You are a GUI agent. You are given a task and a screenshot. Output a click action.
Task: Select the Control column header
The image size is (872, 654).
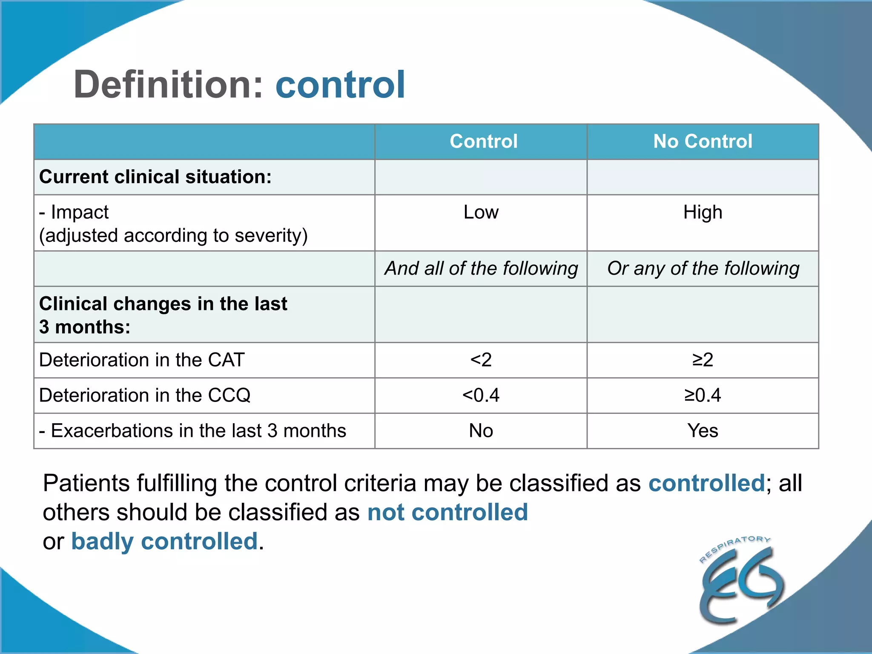click(x=483, y=141)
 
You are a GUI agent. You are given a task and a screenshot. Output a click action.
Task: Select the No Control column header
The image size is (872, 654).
click(x=703, y=141)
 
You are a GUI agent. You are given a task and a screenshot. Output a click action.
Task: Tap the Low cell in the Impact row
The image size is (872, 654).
click(x=481, y=212)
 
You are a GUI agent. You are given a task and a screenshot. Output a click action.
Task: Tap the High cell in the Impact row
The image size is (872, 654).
click(x=703, y=212)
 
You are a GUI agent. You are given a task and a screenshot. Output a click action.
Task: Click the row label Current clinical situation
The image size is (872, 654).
click(x=155, y=177)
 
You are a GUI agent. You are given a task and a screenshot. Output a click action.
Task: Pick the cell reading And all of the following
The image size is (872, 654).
click(x=481, y=268)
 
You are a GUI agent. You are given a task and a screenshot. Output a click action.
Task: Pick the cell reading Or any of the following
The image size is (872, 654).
click(x=703, y=268)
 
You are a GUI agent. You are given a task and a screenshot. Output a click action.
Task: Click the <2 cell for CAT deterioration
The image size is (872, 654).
click(x=481, y=360)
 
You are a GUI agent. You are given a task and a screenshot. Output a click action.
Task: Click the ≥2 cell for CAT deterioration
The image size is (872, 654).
click(x=703, y=360)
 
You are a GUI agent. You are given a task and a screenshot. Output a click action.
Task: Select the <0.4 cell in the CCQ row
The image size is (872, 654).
click(x=481, y=395)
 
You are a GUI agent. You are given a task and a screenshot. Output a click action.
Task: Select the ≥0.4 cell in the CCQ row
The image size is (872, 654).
click(x=703, y=395)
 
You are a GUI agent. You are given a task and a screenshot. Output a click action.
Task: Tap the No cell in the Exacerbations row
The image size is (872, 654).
click(x=481, y=430)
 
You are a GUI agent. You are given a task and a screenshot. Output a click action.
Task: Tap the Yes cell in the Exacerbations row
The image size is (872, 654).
click(x=703, y=430)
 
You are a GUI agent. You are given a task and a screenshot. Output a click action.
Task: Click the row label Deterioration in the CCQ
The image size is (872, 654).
click(x=145, y=395)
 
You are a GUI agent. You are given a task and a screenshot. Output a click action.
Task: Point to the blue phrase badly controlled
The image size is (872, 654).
click(x=164, y=541)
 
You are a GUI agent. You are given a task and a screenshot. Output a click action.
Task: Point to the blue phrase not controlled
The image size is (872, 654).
click(x=447, y=512)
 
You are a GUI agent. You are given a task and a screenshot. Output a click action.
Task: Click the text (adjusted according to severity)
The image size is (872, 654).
click(x=173, y=235)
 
